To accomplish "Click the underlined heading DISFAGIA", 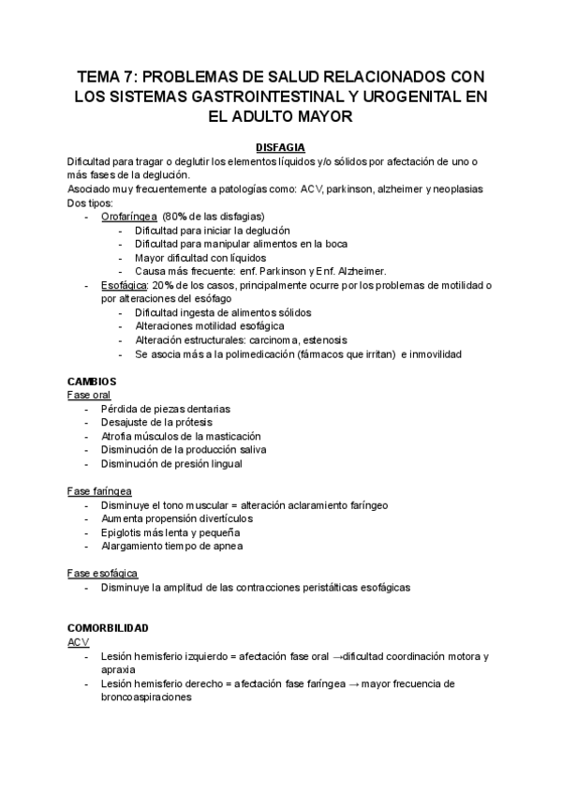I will coord(280,146).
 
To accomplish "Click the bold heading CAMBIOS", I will coord(92,382).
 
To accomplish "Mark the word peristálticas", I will coord(326,587).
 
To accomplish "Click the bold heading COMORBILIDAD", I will coord(109,627).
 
